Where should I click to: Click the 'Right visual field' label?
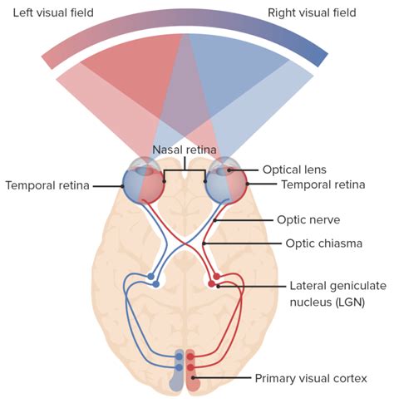click(x=312, y=12)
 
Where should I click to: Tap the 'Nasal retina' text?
click(x=185, y=150)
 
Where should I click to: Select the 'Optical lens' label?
click(x=296, y=169)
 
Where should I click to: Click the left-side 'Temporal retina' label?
click(x=47, y=185)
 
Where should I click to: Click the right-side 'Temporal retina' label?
click(x=323, y=184)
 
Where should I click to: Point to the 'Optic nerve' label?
click(x=308, y=221)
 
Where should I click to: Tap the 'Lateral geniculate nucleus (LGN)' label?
click(x=337, y=292)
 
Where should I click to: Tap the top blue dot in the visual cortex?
click(x=179, y=356)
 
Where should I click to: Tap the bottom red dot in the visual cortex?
click(x=190, y=366)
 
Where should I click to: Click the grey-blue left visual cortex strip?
click(x=176, y=378)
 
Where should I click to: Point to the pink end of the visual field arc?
click(x=49, y=57)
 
